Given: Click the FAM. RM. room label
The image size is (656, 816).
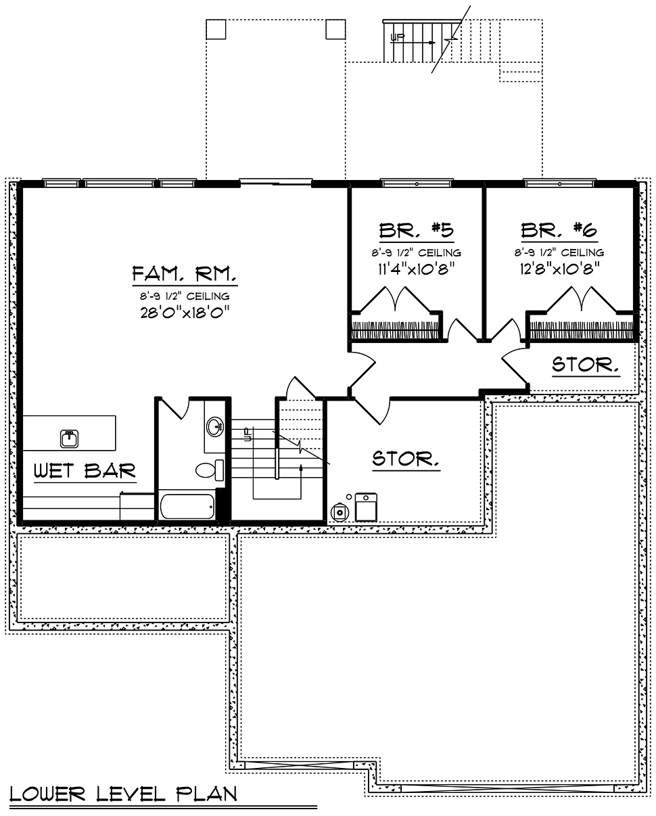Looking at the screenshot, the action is (x=185, y=273).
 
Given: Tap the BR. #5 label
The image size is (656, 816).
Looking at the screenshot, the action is (x=417, y=230).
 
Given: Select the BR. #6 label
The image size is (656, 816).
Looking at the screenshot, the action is (x=559, y=230).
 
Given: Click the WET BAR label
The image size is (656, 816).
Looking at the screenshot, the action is (x=85, y=471).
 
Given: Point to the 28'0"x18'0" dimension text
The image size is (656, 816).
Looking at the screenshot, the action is (x=185, y=313).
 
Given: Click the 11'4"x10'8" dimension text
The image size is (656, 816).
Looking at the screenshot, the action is (x=416, y=269).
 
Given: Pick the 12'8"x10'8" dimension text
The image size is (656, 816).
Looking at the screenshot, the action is (x=559, y=269).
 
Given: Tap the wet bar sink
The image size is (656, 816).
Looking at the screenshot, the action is (x=70, y=438).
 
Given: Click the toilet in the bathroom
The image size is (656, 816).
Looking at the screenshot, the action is (x=210, y=470).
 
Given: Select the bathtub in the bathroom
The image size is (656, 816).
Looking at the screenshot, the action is (x=187, y=506).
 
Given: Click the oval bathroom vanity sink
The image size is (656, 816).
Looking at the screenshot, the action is (x=215, y=426).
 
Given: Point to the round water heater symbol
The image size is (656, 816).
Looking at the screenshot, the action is (x=339, y=512).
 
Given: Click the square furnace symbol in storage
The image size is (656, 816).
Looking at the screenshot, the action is (x=366, y=507).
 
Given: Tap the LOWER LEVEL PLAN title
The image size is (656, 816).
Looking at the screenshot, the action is (x=124, y=794).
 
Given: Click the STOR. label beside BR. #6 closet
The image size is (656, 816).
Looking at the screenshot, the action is (x=586, y=365).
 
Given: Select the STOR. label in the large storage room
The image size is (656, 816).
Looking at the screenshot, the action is (x=406, y=459).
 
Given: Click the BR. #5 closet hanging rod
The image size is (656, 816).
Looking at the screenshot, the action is (x=395, y=330).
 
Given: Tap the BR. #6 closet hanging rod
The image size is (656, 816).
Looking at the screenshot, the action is (x=582, y=330).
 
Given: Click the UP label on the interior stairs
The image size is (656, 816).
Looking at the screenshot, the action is (x=248, y=434).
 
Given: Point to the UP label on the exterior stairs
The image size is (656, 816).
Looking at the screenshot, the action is (x=398, y=37).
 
